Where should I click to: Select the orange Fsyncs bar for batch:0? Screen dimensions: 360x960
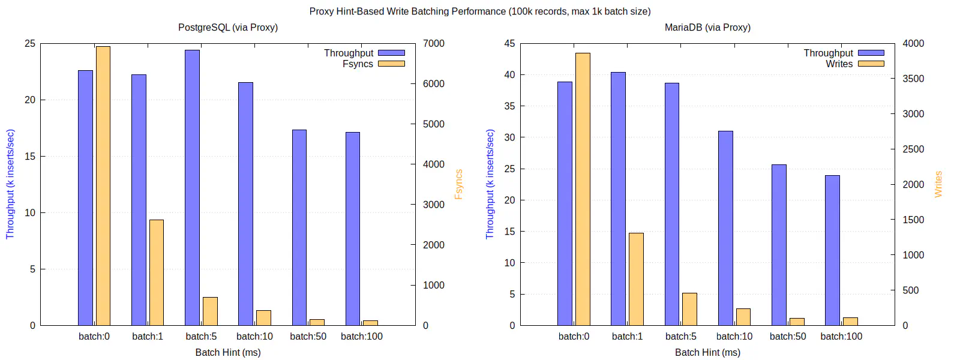coord(103,186)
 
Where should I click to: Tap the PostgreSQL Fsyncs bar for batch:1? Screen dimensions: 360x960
coord(157,272)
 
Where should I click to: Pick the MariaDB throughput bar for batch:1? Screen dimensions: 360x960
coord(618,199)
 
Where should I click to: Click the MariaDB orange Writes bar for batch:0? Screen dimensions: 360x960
coord(583,189)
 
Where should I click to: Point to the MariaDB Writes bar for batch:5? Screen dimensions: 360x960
coord(689,309)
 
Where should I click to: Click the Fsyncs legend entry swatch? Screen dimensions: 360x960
coord(391,64)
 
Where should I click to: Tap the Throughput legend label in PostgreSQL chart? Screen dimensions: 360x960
coord(349,53)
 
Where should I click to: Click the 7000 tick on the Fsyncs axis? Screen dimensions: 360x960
coord(434,43)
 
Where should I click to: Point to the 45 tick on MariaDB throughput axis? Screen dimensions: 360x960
coord(509,43)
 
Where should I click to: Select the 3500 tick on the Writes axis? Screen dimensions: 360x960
coord(913,79)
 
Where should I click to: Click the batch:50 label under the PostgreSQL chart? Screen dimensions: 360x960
coord(308,337)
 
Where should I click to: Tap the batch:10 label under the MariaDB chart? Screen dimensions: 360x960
coord(734,337)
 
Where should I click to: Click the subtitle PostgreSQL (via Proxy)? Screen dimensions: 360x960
coord(228,28)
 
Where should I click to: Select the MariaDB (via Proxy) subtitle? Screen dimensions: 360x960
coord(707,28)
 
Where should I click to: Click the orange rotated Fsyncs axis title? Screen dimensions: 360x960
coord(459,184)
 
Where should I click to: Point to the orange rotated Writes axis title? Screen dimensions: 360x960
coord(938,184)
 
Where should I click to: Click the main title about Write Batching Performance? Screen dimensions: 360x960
coord(480,11)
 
